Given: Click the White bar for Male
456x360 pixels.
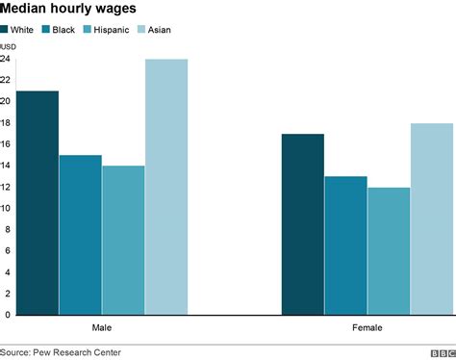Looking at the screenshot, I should click(x=37, y=203).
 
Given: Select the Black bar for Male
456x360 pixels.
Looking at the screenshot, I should click(x=80, y=235).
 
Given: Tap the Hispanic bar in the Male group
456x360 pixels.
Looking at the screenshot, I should click(x=123, y=241).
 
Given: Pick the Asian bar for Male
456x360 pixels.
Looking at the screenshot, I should click(x=166, y=187).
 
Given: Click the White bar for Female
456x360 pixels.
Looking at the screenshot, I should click(x=302, y=224).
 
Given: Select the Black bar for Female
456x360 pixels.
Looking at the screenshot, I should click(x=345, y=245).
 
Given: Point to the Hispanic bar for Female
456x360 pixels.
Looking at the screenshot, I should click(x=389, y=251).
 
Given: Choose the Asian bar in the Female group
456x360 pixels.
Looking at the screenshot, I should click(x=432, y=219).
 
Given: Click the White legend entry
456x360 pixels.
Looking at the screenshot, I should click(x=18, y=29).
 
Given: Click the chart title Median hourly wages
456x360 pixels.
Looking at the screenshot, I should click(x=67, y=9).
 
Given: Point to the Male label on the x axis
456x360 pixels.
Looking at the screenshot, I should click(x=101, y=328).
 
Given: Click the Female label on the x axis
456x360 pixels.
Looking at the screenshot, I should click(x=367, y=328).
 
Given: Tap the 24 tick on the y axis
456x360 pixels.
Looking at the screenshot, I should click(x=6, y=59).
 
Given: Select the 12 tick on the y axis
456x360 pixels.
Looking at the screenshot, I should click(x=6, y=187).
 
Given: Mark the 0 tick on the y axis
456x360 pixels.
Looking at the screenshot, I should click(x=8, y=315).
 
